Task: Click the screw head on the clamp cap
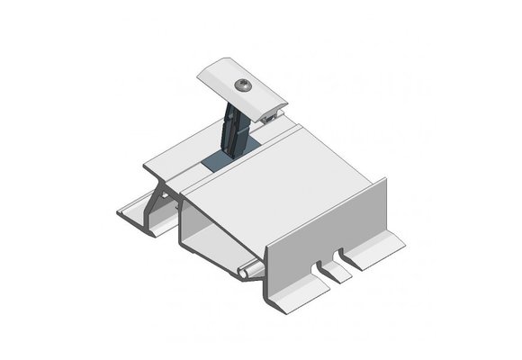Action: coord(244,85)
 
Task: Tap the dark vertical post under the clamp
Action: coord(236,130)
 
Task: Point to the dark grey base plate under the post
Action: coord(220,163)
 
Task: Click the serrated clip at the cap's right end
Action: coord(271,113)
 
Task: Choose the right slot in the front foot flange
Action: coord(341,256)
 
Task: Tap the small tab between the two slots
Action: coord(334,270)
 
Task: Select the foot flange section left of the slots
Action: coord(292,292)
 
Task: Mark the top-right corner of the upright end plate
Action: coord(384,181)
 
